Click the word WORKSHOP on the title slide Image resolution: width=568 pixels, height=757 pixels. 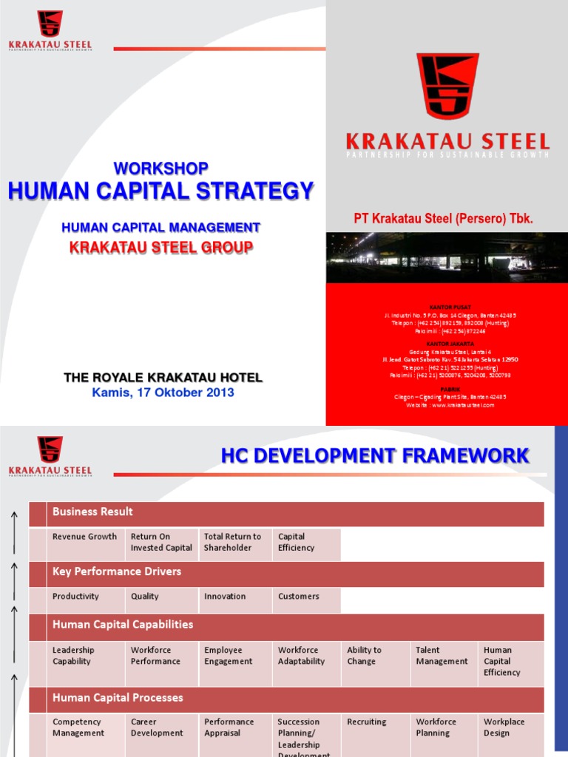160,168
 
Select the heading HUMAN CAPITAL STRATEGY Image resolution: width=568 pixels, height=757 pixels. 160,191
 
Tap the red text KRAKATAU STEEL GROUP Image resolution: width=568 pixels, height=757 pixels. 160,247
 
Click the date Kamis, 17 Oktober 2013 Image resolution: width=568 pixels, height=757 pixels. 163,393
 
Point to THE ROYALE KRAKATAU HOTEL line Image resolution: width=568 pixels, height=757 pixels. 163,378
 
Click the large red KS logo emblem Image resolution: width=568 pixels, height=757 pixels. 447,86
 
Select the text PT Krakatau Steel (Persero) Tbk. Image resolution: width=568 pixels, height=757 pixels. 444,219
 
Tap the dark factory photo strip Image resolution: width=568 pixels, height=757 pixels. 447,257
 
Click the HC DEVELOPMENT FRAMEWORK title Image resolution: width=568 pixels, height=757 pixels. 375,455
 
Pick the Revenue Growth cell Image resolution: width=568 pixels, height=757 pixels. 84,537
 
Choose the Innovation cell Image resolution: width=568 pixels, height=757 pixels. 226,597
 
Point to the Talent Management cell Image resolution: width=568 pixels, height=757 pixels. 442,656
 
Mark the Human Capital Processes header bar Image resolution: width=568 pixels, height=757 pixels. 286,699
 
